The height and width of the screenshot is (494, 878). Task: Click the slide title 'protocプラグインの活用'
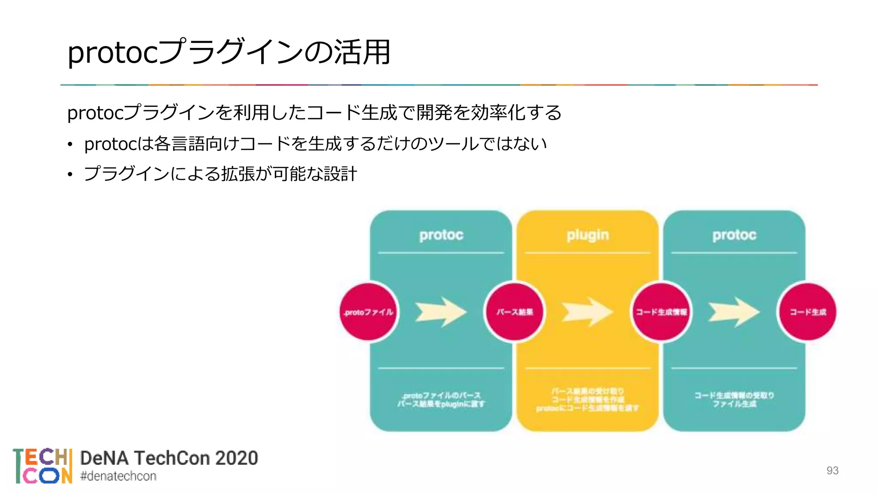[x=229, y=52]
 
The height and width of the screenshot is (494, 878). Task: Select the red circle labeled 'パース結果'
[x=514, y=312]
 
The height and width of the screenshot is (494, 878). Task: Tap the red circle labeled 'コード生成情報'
[x=661, y=312]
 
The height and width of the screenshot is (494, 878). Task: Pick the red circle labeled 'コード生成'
[x=808, y=312]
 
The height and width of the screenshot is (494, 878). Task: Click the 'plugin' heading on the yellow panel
[x=587, y=235]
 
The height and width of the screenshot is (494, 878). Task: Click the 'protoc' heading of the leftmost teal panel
[x=441, y=235]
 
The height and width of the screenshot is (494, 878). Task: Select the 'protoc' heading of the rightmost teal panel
[x=734, y=235]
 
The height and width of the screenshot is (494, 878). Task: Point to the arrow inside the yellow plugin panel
[x=587, y=312]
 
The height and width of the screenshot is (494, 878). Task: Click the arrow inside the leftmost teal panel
[x=441, y=312]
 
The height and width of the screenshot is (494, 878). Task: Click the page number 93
[x=832, y=470]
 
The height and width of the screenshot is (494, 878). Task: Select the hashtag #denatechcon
[x=118, y=476]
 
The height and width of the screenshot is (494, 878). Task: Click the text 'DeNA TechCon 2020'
[x=169, y=458]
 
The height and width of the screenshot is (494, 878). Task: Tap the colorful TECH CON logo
[x=42, y=466]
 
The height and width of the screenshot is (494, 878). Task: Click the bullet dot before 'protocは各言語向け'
[x=70, y=145]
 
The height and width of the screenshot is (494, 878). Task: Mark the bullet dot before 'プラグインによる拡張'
[x=70, y=175]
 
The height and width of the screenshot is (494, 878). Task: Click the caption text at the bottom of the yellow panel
[x=587, y=400]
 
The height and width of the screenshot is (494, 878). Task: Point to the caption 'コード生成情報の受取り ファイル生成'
[x=734, y=399]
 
